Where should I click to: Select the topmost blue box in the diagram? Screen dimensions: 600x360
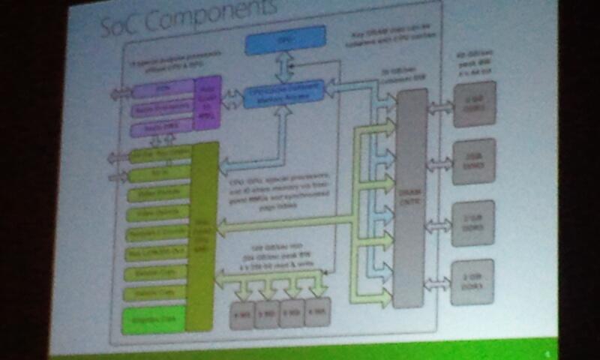pos(286,40)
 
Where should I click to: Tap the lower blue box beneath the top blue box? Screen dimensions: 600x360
pos(284,93)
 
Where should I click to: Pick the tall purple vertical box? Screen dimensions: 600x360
pos(208,105)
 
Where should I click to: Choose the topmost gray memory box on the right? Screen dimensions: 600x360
pos(474,104)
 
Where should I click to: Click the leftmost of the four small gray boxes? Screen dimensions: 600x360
pos(242,313)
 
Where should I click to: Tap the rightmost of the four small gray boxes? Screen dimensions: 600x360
pos(317,312)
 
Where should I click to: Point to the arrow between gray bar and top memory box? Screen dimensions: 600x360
pos(440,106)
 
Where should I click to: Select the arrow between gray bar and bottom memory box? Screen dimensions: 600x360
pos(439,283)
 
